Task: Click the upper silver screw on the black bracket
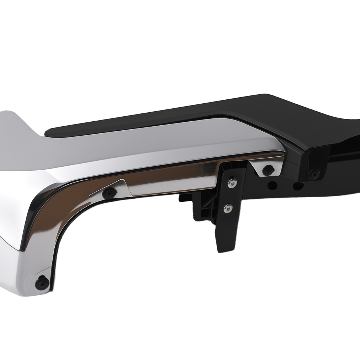click(231, 184)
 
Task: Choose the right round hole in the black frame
click(298, 186)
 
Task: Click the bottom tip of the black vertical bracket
click(220, 248)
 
